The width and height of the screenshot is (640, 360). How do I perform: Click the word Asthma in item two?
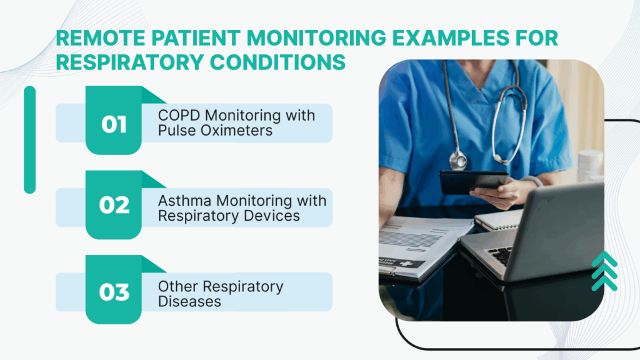184,201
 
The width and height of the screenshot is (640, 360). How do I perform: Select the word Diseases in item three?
189,302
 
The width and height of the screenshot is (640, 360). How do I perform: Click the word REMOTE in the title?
101,38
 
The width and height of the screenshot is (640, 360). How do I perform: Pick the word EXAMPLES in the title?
451,38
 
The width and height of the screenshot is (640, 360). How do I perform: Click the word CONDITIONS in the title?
277,62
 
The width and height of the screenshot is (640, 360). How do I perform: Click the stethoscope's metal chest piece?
458,161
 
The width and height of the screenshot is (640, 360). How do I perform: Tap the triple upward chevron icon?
604,271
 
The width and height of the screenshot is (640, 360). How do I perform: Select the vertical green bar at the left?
30,139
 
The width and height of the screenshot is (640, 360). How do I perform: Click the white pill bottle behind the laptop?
591,165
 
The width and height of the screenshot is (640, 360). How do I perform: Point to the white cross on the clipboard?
406,264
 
